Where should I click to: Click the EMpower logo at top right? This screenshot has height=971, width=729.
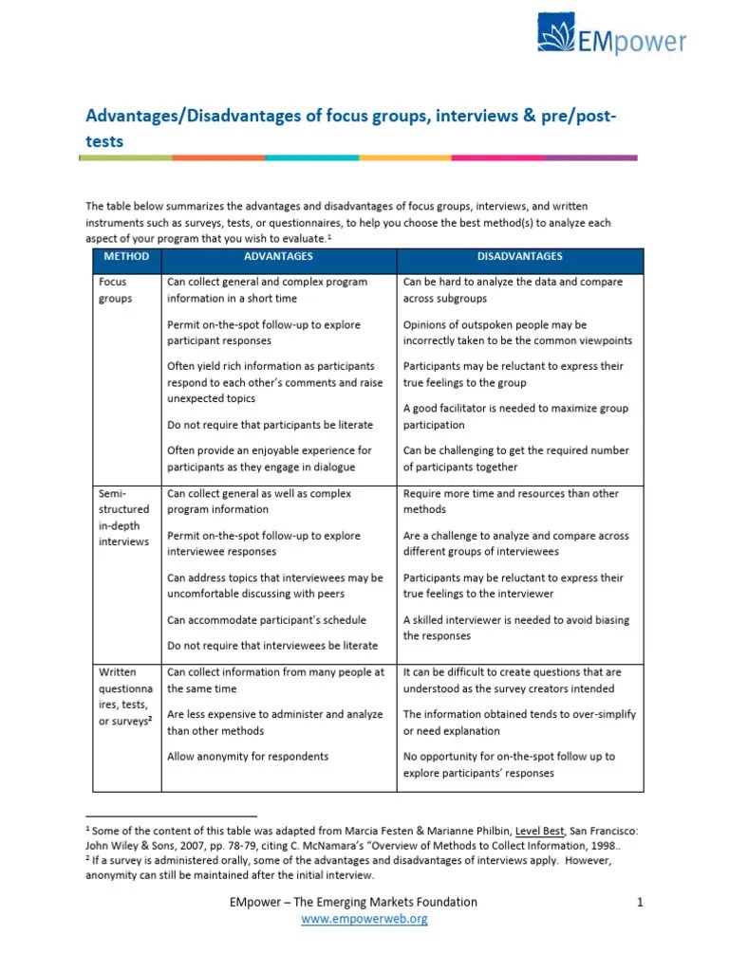pyautogui.click(x=611, y=37)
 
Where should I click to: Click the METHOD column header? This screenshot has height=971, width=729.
pyautogui.click(x=126, y=257)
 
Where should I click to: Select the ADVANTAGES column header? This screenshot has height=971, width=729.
pyautogui.click(x=278, y=257)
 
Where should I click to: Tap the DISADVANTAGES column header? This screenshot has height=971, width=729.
pyautogui.click(x=519, y=257)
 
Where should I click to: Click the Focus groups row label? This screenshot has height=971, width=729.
pyautogui.click(x=113, y=290)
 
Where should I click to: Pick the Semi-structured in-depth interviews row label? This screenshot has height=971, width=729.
pyautogui.click(x=123, y=518)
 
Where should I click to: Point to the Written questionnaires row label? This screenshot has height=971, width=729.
pyautogui.click(x=123, y=696)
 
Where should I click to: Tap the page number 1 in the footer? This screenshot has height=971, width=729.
pyautogui.click(x=641, y=902)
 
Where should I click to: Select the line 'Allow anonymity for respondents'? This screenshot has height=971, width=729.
pyautogui.click(x=248, y=757)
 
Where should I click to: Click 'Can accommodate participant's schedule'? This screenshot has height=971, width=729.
pyautogui.click(x=266, y=620)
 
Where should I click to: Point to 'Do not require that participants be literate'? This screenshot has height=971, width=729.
pyautogui.click(x=270, y=425)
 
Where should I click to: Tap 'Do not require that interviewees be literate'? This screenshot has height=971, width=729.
pyautogui.click(x=272, y=646)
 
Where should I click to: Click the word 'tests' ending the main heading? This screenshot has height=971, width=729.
pyautogui.click(x=104, y=141)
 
